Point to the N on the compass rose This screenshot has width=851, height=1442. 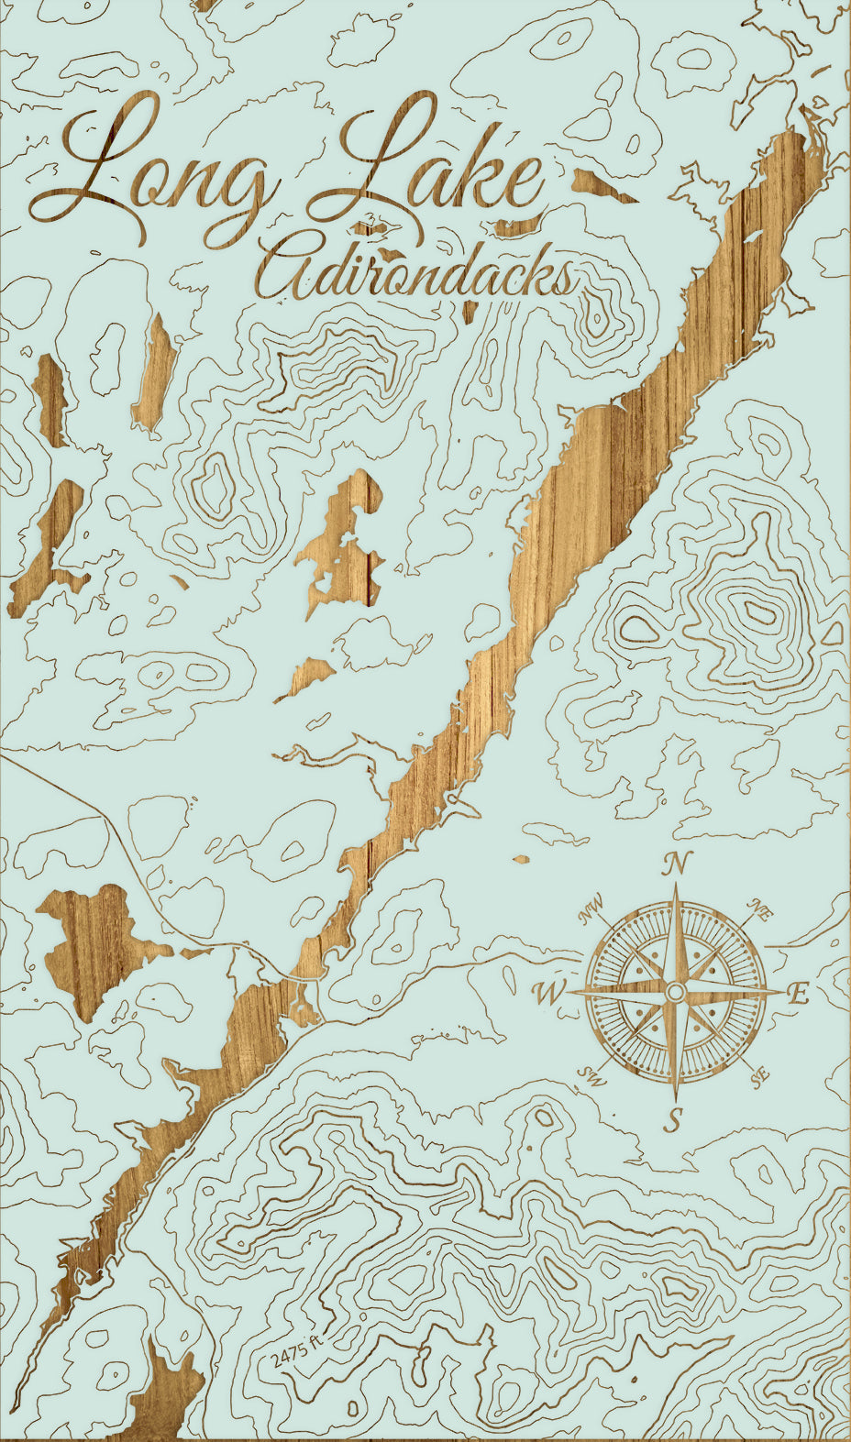[x=677, y=863]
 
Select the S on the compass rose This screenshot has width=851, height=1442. [x=675, y=1118]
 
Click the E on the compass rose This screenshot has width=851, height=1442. [x=799, y=994]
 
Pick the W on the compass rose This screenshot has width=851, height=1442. [x=547, y=992]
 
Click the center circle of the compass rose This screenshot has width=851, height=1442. [x=675, y=992]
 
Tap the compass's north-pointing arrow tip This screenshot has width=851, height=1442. [x=677, y=885]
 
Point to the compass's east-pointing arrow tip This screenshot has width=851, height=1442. [x=785, y=992]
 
